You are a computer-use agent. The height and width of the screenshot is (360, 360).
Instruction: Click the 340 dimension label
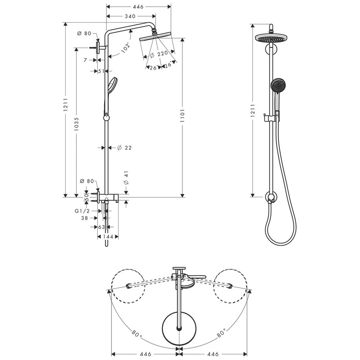click(x=130, y=16)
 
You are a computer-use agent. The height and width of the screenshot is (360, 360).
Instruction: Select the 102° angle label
click(x=126, y=48)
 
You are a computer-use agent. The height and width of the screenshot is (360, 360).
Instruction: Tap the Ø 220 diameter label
click(x=159, y=54)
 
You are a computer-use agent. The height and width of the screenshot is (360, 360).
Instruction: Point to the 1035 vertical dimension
click(x=76, y=124)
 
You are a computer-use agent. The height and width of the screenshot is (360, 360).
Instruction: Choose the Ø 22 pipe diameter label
click(x=124, y=148)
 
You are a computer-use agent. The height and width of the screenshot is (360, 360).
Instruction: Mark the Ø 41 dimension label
click(x=126, y=178)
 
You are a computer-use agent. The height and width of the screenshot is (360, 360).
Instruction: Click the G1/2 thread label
click(x=82, y=211)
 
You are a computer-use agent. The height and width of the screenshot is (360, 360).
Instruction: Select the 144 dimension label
click(x=108, y=237)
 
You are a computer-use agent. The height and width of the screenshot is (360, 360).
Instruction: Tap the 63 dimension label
click(x=102, y=227)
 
